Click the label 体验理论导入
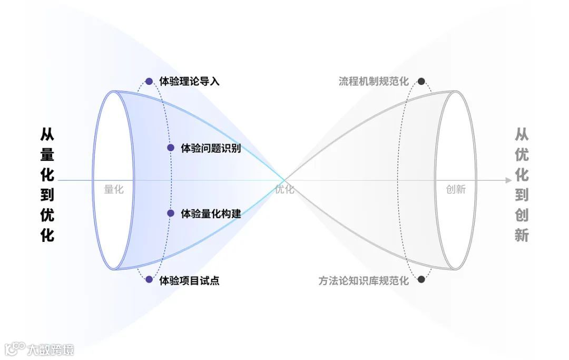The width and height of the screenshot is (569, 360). point(189,81)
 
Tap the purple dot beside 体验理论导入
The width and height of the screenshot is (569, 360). point(149,81)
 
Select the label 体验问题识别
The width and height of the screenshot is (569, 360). point(211,148)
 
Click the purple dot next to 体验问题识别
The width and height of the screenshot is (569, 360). point(171,148)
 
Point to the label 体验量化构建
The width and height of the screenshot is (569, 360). point(211,213)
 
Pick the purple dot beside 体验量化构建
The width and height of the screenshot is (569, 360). point(171,213)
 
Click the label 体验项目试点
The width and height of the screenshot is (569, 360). point(189,280)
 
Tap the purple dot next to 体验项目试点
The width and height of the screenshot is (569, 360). point(149,280)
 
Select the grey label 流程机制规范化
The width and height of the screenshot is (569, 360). point(374,81)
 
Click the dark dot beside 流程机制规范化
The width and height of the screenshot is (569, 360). point(421,81)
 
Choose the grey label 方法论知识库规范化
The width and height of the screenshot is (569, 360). point(364,280)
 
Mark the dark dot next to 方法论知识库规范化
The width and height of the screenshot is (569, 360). point(421,280)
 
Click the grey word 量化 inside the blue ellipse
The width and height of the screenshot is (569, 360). point(114,189)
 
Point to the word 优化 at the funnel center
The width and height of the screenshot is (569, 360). point(284,189)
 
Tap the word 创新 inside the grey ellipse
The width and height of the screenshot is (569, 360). point(456,189)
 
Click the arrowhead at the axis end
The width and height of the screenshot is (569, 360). point(508,180)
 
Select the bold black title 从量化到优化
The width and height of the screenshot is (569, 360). point(47,184)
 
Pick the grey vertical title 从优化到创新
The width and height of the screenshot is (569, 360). point(522,184)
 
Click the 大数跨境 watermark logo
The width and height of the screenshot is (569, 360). point(40,349)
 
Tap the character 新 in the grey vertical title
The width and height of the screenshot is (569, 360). point(522,235)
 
